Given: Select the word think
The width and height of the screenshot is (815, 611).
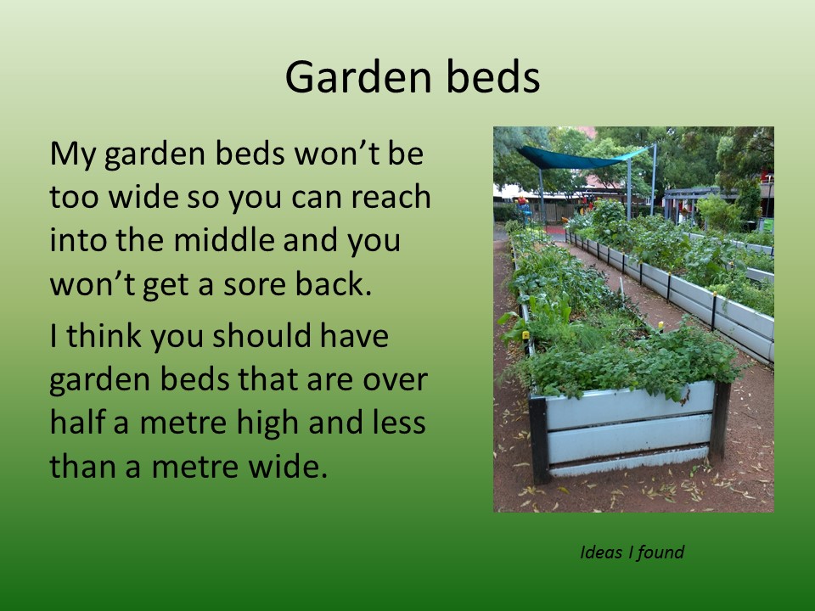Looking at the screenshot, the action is click(104, 335).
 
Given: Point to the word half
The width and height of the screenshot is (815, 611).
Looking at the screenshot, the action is click(76, 422).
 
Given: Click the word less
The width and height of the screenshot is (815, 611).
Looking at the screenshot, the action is click(400, 422).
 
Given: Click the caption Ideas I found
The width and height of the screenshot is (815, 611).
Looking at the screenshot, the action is click(632, 552).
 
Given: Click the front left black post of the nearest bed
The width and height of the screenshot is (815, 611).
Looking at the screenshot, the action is click(540, 440).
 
